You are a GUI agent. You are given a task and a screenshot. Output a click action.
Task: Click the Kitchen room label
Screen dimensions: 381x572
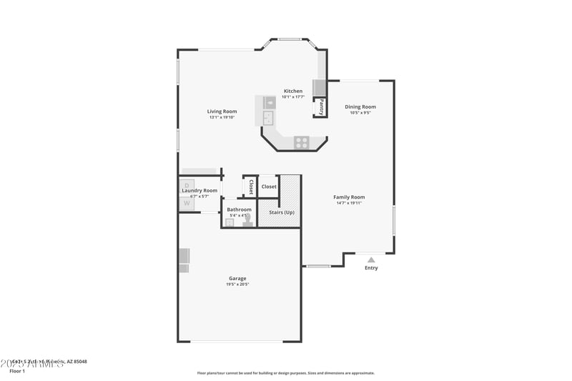(293, 91)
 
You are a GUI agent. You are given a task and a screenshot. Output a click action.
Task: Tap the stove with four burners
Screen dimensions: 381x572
(302, 142)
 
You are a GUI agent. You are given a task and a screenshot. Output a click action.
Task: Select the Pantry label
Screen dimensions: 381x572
(322, 107)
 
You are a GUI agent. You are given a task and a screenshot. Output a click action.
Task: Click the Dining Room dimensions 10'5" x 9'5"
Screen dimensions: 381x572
(360, 113)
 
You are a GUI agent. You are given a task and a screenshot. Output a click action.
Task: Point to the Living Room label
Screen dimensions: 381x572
(222, 112)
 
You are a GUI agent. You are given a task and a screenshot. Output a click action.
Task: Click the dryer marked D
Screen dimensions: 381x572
(187, 185)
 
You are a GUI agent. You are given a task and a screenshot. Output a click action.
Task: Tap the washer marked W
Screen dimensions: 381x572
(187, 203)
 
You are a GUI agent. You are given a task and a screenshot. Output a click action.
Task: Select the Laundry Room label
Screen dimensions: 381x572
(199, 191)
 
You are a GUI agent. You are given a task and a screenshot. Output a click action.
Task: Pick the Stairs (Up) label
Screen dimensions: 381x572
(281, 212)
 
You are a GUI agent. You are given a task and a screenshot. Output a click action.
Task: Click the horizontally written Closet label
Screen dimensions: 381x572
(269, 187)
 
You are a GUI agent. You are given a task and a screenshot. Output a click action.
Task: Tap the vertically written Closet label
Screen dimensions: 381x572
(251, 187)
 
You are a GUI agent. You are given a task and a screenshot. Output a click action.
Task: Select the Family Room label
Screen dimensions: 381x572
(349, 197)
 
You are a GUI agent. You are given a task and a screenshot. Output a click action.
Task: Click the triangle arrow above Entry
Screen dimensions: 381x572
(371, 259)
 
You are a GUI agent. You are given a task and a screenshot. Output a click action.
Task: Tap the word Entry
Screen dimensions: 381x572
(371, 268)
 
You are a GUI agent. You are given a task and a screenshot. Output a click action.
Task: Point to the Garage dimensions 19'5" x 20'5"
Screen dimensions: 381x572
(237, 284)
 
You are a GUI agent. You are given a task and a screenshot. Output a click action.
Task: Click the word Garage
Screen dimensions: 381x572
(237, 279)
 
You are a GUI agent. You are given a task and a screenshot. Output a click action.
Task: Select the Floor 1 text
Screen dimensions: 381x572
(16, 371)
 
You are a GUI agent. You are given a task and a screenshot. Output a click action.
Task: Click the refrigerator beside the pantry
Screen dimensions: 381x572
(320, 88)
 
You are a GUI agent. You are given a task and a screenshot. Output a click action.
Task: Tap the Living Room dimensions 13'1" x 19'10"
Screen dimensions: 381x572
(222, 118)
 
